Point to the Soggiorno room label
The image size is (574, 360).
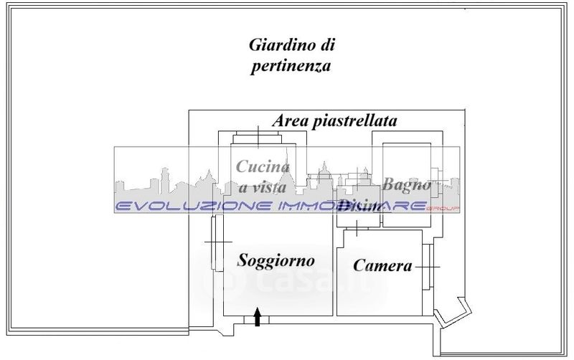(x=276, y=260)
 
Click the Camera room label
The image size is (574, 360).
(x=382, y=265)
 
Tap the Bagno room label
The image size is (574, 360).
(x=407, y=184)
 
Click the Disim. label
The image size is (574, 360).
(x=360, y=207)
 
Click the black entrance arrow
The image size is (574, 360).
(x=258, y=317)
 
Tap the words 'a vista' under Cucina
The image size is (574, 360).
(x=263, y=187)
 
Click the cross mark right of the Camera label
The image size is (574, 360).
(x=428, y=266)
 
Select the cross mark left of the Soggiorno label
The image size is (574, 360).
(x=215, y=242)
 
